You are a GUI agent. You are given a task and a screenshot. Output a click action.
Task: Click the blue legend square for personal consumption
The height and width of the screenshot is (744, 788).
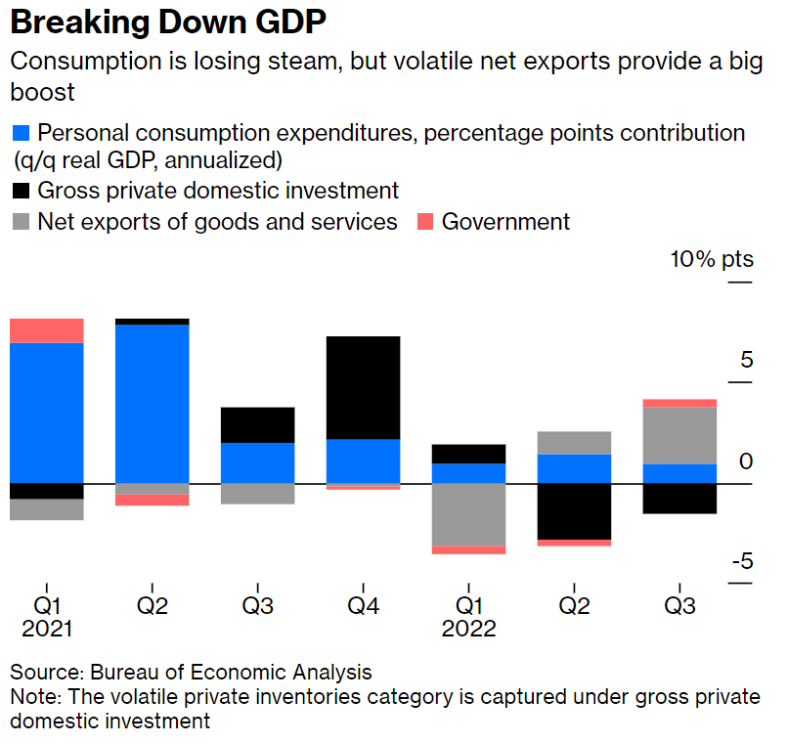coord(20,133)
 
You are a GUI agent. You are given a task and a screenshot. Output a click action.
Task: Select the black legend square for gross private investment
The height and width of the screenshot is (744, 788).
coord(20,191)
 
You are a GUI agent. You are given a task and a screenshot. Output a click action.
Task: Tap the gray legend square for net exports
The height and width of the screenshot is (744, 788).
coord(20,221)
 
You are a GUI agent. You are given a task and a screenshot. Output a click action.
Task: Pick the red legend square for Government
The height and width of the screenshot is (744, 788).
coord(425,221)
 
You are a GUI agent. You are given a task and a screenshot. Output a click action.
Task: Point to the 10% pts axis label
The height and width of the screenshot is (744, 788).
coord(711,260)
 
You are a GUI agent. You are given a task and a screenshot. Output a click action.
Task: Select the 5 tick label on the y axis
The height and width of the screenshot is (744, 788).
coord(746,360)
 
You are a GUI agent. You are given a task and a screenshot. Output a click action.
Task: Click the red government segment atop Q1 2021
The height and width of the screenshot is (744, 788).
coord(47,331)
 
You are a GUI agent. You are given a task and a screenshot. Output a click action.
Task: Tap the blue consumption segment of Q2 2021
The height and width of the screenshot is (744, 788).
coord(153,403)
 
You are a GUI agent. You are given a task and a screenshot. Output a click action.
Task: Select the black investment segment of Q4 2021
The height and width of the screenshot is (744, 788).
coord(363,387)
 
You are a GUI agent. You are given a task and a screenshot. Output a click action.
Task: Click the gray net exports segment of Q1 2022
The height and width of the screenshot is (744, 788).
coord(468,514)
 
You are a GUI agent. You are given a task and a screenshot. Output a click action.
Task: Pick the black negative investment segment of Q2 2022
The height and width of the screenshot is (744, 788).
coord(574,511)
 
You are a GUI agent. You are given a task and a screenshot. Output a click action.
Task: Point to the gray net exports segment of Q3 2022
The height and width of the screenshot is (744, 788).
coord(679,435)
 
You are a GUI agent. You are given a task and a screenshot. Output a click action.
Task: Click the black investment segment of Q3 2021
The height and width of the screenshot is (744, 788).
coord(257,425)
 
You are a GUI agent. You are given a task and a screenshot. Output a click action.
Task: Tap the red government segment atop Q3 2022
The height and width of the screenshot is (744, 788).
coord(679,403)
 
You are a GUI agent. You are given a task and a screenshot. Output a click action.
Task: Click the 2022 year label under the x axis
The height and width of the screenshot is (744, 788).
coord(468,629)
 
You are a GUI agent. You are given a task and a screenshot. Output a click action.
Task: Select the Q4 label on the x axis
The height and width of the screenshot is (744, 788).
coord(363,606)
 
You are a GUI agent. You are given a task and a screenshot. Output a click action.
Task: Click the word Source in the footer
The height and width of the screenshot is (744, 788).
coord(44,673)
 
